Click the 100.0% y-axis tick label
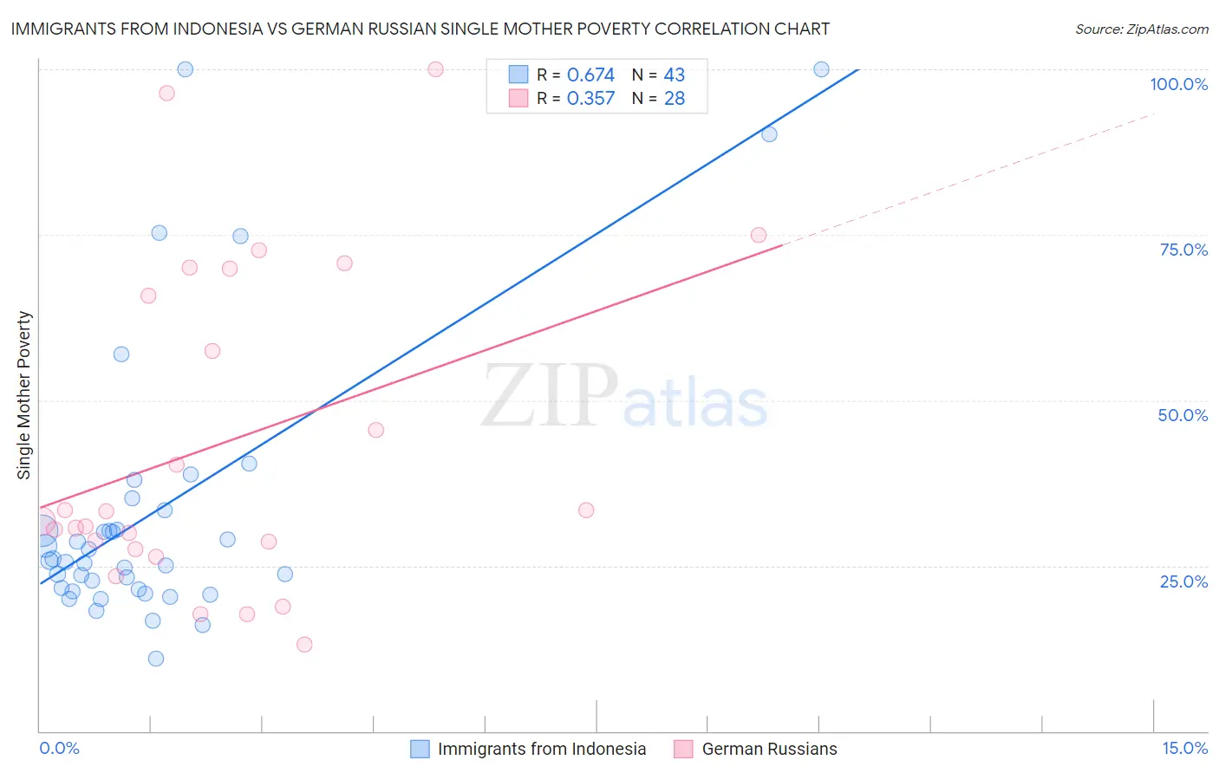click(x=1178, y=84)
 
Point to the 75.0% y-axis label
click(x=1183, y=250)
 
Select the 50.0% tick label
click(x=1183, y=415)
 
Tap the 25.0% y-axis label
click(x=1183, y=581)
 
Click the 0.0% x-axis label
click(x=59, y=748)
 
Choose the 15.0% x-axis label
click(x=1184, y=748)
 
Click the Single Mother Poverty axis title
click(x=24, y=395)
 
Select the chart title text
click(x=420, y=29)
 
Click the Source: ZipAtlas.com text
click(x=1141, y=29)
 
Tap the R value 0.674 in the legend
click(x=590, y=75)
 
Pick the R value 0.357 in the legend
click(x=590, y=99)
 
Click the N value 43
click(x=675, y=75)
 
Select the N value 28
click(x=675, y=99)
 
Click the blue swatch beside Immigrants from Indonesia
click(x=420, y=749)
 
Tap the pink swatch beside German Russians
click(x=683, y=749)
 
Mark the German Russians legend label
click(x=769, y=749)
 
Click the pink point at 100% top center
click(x=435, y=69)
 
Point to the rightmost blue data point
click(x=821, y=69)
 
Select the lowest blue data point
click(x=156, y=659)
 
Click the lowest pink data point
click(x=304, y=644)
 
